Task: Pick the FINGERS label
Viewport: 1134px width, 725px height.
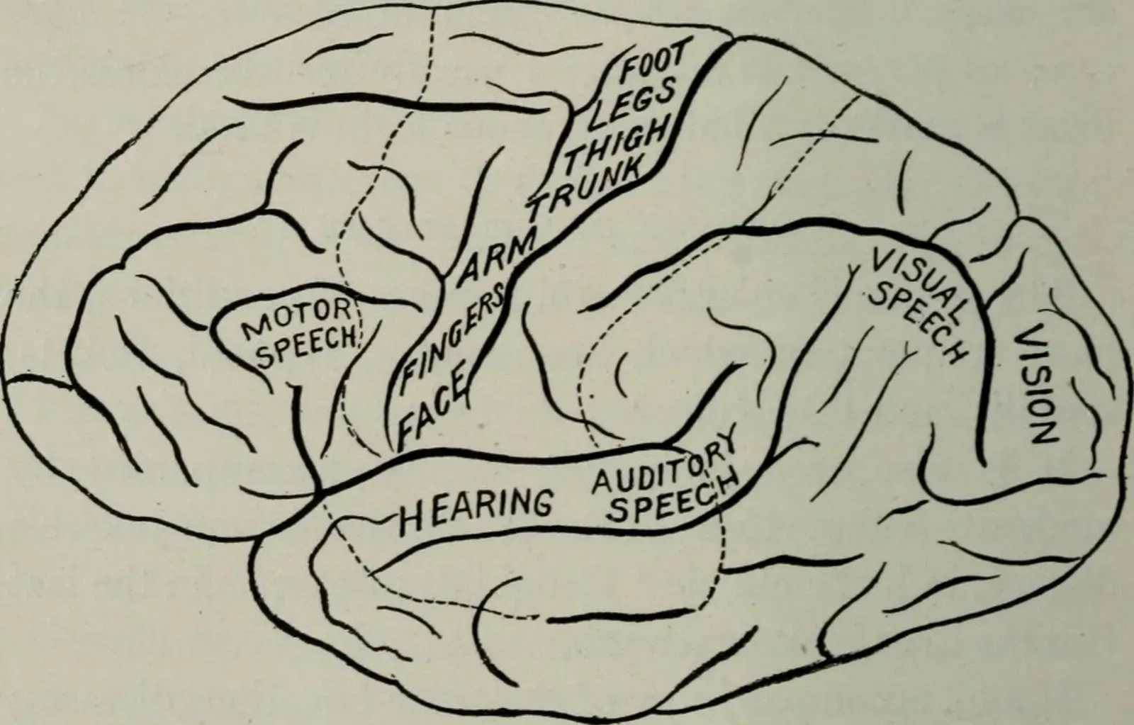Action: coord(452,333)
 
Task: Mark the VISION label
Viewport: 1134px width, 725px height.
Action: coord(1035,385)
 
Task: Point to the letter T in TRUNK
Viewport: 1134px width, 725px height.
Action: coord(537,208)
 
